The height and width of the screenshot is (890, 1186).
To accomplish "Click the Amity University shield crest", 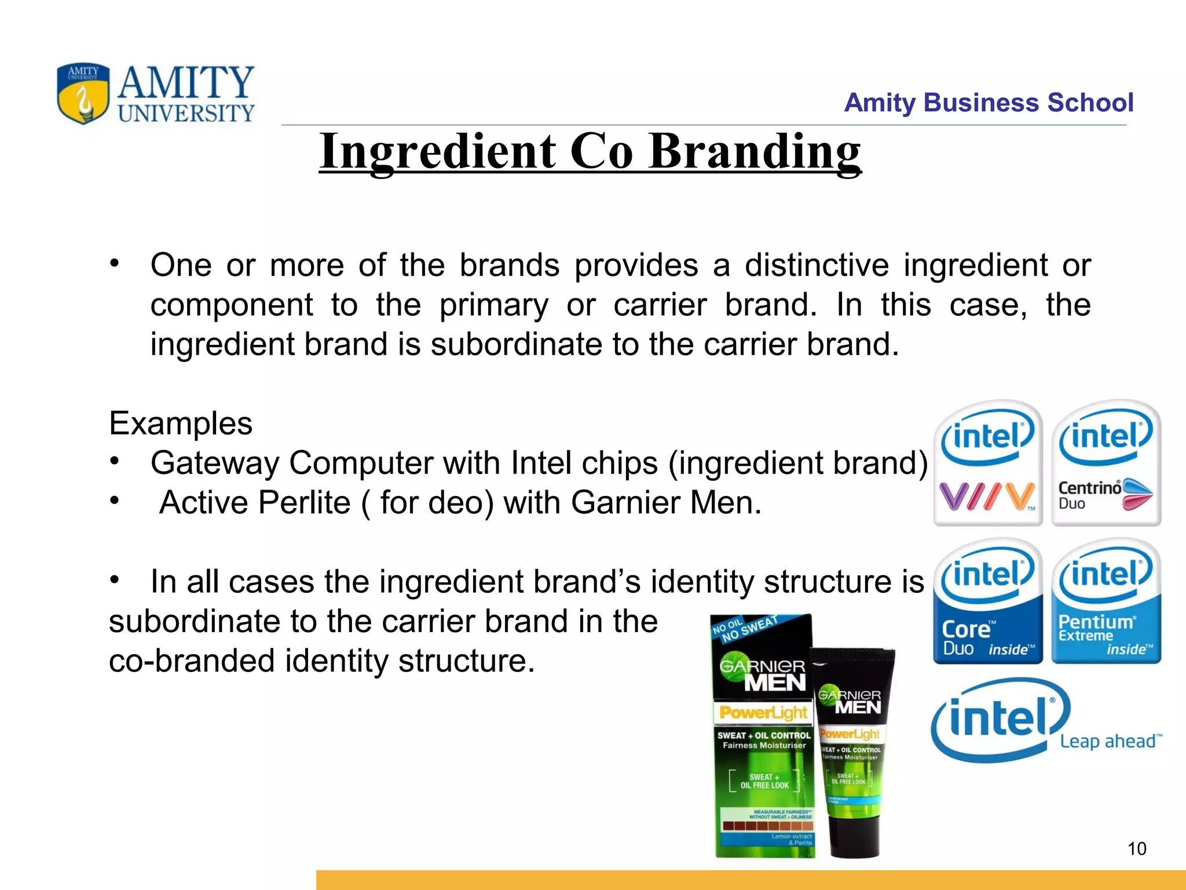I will (83, 93).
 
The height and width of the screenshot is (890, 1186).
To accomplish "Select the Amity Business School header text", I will (988, 103).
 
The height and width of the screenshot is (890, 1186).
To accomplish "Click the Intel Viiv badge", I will (987, 463).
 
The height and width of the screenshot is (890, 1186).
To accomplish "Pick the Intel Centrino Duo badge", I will (1106, 463).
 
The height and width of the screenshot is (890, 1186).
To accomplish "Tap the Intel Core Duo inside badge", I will (987, 601).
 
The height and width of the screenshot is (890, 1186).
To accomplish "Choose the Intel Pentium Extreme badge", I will (1106, 601).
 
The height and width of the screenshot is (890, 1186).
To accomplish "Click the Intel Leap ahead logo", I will (1042, 721).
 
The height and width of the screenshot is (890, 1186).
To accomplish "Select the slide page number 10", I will (1137, 849).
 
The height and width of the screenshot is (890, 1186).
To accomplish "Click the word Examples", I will (181, 424).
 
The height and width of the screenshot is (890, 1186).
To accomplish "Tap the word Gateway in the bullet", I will (214, 463).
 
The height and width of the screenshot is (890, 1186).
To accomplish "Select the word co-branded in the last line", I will (192, 661).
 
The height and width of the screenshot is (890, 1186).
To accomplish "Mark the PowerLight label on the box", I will (763, 713).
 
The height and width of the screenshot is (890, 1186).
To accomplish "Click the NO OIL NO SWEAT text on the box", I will (744, 629).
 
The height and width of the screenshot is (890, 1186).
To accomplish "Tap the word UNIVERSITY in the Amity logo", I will (186, 113).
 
